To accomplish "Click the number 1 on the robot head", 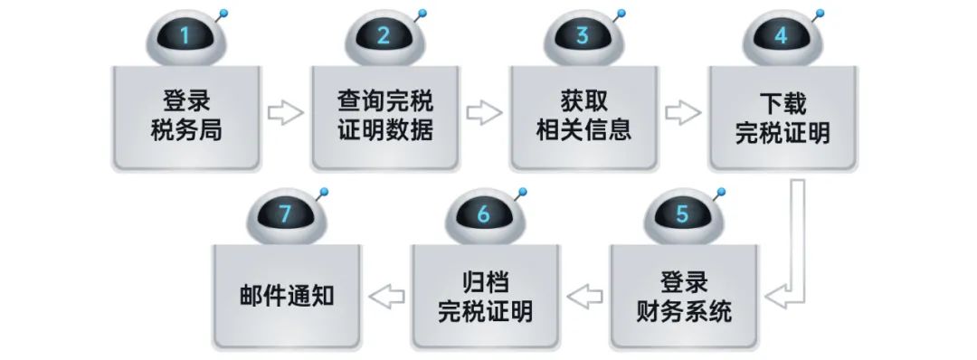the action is pos(185,37).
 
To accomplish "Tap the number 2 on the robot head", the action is pos(384,37).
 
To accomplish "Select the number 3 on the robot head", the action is pos(582,37).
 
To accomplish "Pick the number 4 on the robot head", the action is pos(781,37).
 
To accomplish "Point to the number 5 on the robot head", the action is pos(682,215).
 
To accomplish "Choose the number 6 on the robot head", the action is pos(483,215).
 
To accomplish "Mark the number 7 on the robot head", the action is pos(285,215).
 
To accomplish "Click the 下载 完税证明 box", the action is pos(782,118).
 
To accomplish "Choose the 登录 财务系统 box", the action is pos(682,297).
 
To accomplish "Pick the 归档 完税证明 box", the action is pos(484,297).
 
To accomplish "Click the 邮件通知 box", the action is pos(286,297).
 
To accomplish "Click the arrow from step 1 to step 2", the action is pos(286,114).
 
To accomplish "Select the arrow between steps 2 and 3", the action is pos(484,114).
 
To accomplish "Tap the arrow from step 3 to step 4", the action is pos(683,114).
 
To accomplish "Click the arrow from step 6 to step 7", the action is pos(385,295).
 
